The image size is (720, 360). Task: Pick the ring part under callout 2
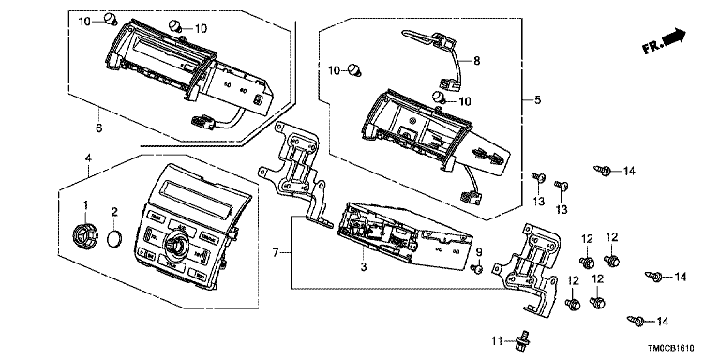[x=114, y=239]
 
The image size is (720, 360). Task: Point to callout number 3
[x=364, y=267]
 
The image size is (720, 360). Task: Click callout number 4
[x=88, y=158]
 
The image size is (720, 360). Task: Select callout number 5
[x=537, y=99]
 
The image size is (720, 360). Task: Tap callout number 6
[x=98, y=128]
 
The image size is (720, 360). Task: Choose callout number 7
[x=276, y=252]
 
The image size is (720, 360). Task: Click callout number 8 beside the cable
[x=476, y=61]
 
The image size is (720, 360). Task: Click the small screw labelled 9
[x=476, y=268]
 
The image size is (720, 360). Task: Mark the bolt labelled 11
[x=521, y=338]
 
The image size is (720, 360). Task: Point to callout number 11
[x=496, y=340]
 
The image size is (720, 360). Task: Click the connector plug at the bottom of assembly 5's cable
[x=472, y=196]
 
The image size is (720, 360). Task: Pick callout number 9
[x=478, y=251]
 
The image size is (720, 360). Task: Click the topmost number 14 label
[x=629, y=172]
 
